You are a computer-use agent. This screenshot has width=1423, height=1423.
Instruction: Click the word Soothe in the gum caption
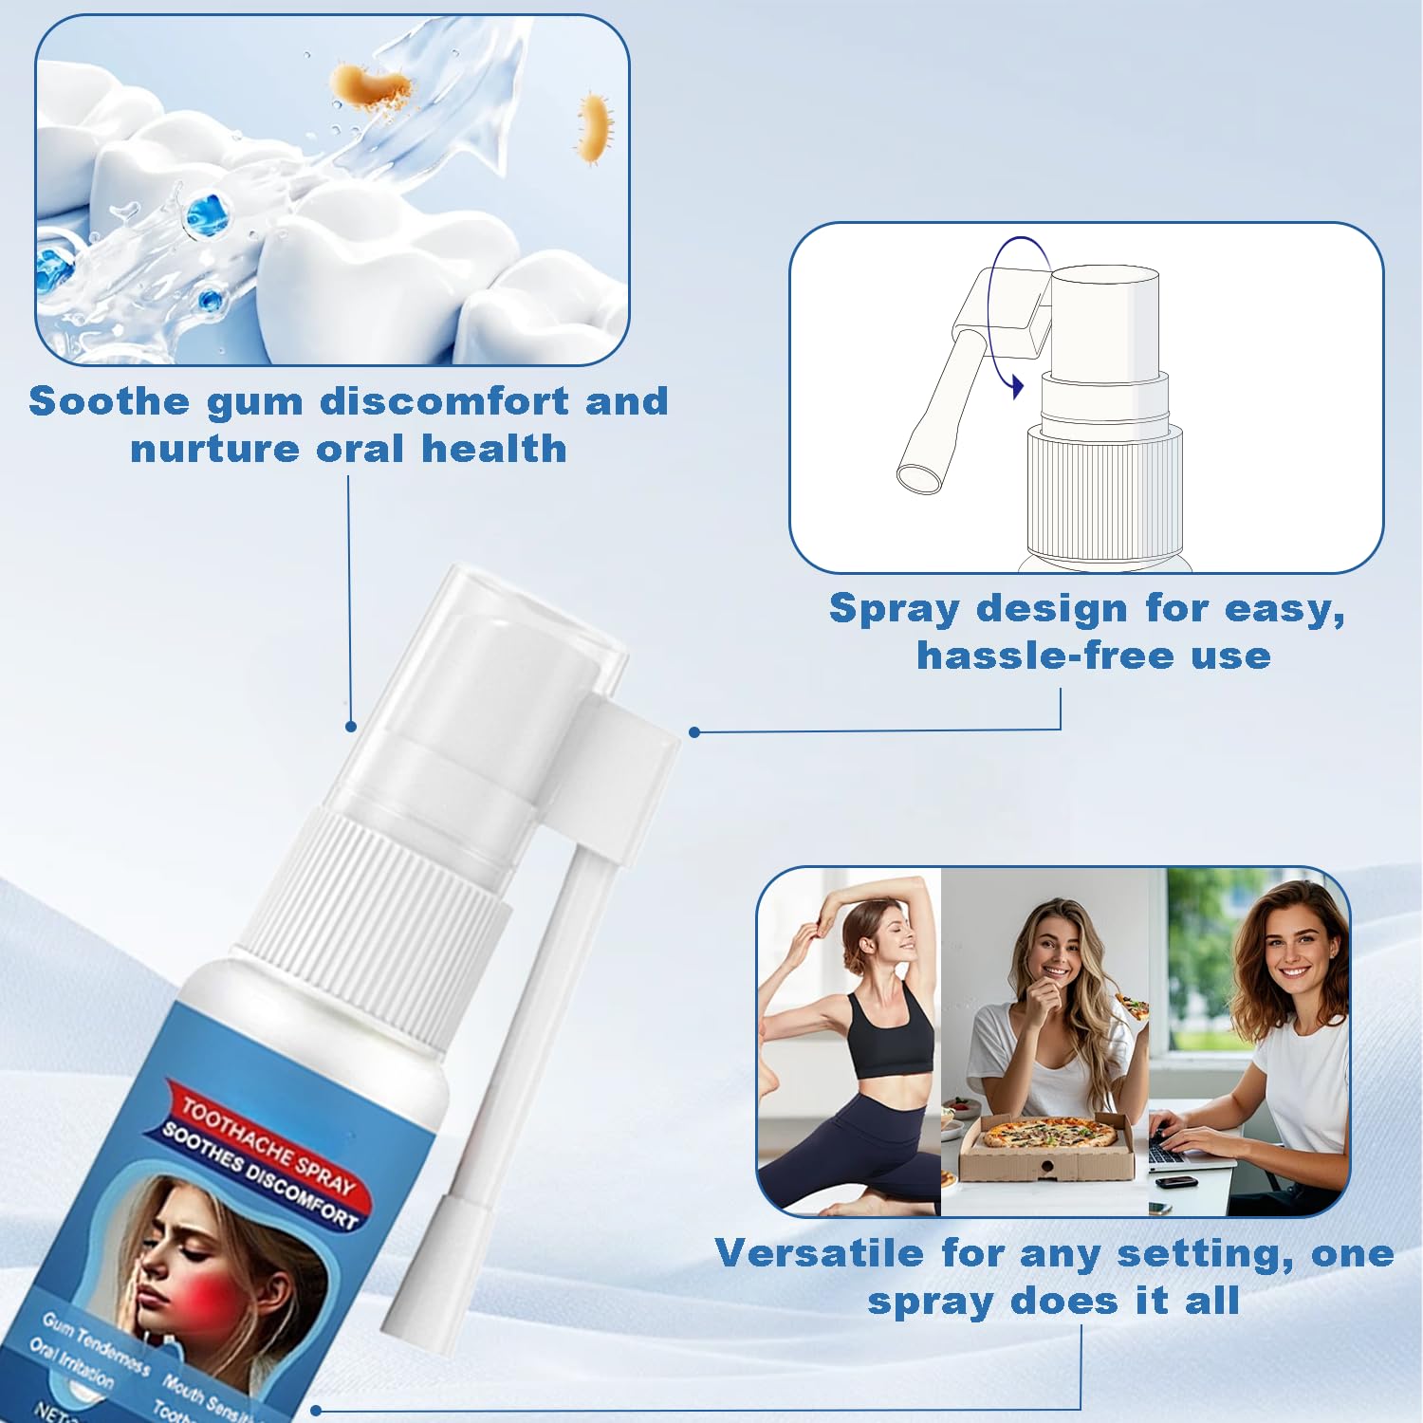[x=110, y=401]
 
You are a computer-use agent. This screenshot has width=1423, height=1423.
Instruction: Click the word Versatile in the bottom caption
[x=820, y=1253]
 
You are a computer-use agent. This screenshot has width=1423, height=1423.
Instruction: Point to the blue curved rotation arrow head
[x=1017, y=386]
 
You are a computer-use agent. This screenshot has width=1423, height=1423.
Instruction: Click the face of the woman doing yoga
[x=893, y=939]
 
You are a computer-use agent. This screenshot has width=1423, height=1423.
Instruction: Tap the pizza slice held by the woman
[x=1131, y=1005]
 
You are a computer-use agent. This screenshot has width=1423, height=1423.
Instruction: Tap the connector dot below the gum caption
[x=351, y=727]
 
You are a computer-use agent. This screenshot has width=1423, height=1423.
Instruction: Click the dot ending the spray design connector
[x=694, y=731]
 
